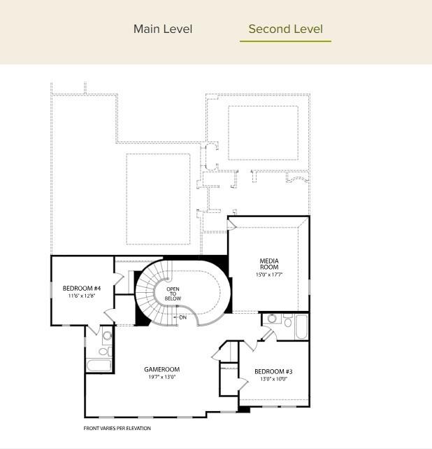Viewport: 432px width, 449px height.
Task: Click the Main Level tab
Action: [163, 29]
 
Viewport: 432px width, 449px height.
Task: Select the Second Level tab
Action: [285, 29]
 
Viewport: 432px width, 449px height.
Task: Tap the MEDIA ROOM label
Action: [269, 264]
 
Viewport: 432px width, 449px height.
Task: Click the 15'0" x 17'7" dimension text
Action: [269, 275]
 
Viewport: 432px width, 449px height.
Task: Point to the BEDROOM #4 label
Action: [82, 289]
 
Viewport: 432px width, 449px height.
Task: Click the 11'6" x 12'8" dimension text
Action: [82, 296]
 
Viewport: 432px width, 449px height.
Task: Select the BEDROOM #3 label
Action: [273, 371]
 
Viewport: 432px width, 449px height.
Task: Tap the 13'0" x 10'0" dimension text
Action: [273, 379]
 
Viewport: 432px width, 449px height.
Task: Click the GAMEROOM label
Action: [162, 369]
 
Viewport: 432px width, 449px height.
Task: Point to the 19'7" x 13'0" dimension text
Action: [162, 378]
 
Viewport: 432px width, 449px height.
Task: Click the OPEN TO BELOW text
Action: [173, 293]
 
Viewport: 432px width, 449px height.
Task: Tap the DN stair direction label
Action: [183, 317]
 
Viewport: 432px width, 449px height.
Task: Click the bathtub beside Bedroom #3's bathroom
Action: [301, 326]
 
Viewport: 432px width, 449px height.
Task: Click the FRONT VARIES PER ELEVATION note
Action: [117, 428]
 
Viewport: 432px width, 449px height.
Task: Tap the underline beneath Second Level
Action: [285, 41]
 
